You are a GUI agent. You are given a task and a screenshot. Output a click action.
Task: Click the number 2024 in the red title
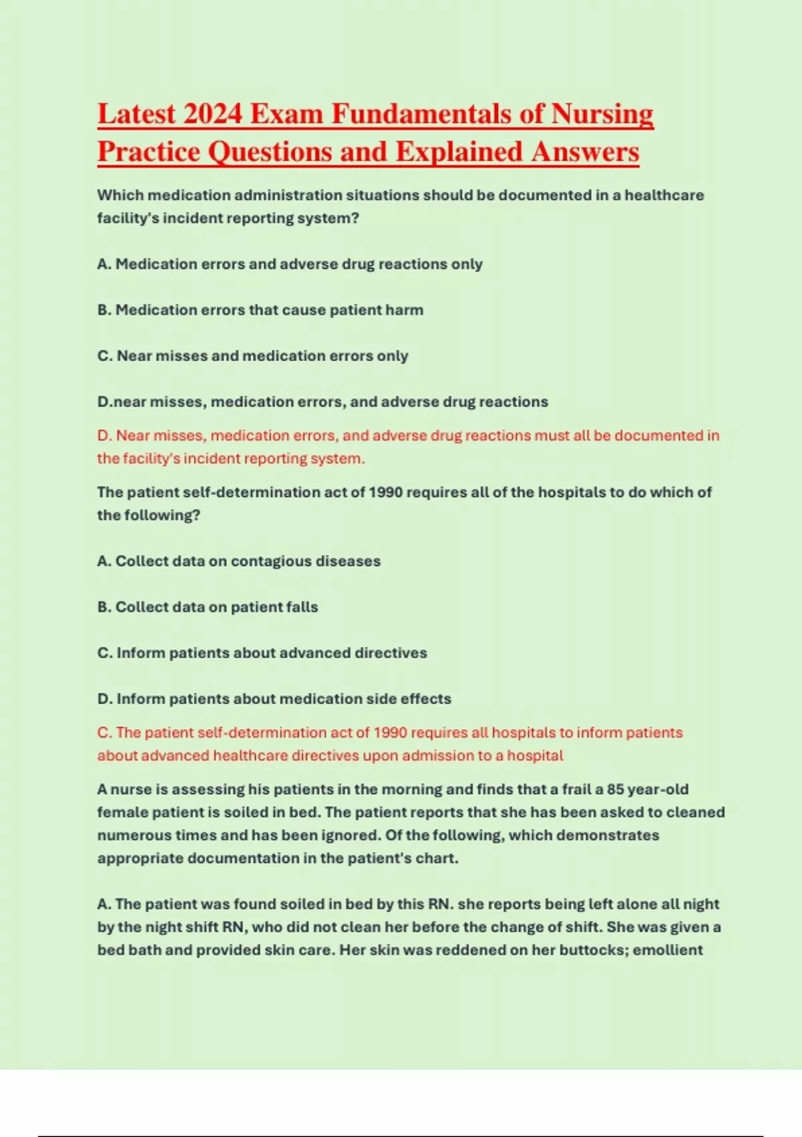coord(212,114)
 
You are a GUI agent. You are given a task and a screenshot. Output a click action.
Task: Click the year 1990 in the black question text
coord(386,492)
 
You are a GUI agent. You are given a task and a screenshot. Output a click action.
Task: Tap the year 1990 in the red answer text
coord(390,732)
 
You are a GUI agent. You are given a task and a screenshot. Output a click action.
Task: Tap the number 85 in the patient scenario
coord(616,789)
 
